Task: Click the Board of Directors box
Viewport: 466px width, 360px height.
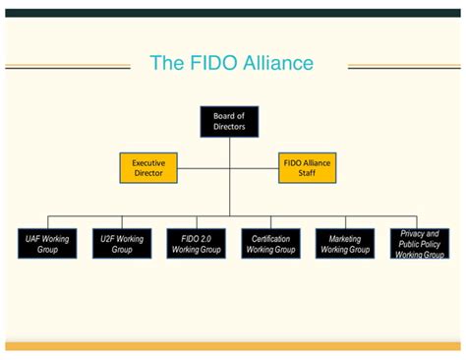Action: click(229, 121)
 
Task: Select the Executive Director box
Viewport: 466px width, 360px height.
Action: click(148, 167)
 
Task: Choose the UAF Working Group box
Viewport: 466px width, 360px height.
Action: click(46, 244)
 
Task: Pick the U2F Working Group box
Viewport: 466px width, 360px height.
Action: click(122, 244)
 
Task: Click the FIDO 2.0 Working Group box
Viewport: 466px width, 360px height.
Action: click(196, 244)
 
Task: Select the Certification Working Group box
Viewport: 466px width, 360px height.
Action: click(270, 244)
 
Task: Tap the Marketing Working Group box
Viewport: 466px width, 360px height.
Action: click(345, 244)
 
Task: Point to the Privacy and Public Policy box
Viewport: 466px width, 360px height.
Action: click(420, 244)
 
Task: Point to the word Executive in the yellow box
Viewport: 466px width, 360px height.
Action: click(148, 161)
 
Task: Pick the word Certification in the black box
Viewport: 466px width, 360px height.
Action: click(270, 238)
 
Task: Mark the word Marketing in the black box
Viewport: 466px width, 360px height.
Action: click(345, 238)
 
